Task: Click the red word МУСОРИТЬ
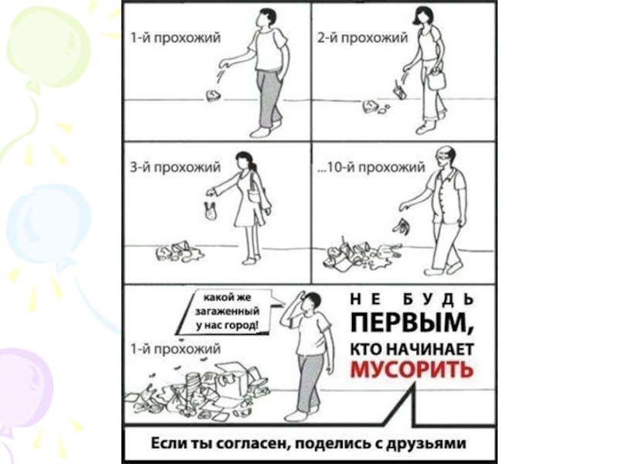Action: [x=412, y=370]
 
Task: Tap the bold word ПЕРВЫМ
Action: [x=412, y=323]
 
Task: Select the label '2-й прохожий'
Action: [x=362, y=37]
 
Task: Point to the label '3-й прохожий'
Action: [x=176, y=167]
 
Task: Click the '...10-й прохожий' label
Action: [x=371, y=167]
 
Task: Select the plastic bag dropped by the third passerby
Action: [x=210, y=211]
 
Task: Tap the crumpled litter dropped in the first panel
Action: [x=213, y=96]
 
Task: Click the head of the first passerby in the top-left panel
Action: [x=266, y=18]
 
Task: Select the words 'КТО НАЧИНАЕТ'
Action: [x=412, y=350]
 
